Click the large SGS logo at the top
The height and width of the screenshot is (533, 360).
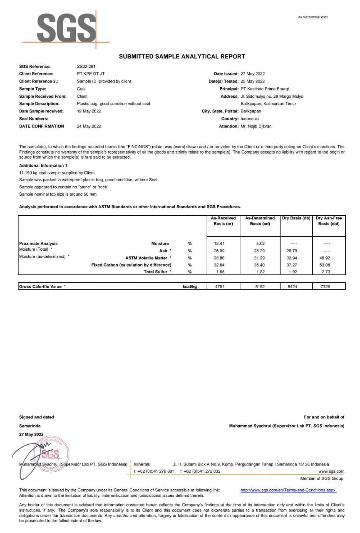coord(67,29)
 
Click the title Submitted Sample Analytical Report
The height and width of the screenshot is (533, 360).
coord(182,56)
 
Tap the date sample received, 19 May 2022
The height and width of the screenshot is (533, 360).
coord(89,111)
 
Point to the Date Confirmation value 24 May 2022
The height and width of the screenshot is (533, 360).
coord(89,126)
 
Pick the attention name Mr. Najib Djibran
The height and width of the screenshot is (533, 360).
coord(256,126)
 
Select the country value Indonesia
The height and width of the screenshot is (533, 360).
coord(249,119)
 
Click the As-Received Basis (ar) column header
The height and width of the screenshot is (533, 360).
coord(223,221)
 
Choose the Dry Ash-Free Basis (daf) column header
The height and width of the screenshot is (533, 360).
coord(329,221)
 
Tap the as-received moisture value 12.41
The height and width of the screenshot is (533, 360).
coord(219,244)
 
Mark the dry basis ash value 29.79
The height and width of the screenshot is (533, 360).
coord(292,251)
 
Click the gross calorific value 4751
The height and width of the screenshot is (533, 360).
coord(219,286)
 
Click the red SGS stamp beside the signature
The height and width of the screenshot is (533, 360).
coord(50,453)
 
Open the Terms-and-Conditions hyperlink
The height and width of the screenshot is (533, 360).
coord(288,490)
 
